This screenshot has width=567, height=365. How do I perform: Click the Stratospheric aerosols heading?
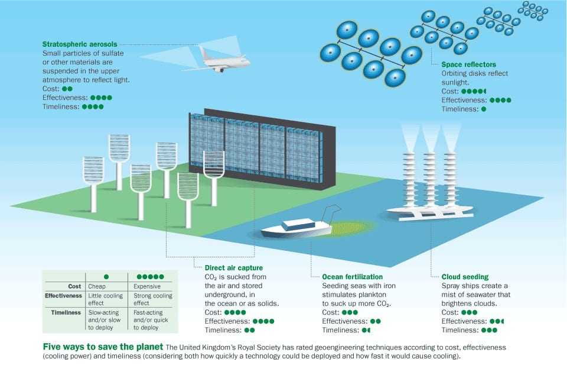click(x=80, y=44)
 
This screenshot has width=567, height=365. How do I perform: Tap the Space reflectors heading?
click(x=468, y=64)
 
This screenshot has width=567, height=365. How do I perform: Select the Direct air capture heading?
click(x=234, y=268)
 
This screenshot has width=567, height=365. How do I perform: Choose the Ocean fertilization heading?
click(x=352, y=277)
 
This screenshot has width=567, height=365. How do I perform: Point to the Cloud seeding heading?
click(x=465, y=277)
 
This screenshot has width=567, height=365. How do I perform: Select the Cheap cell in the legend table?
click(x=97, y=286)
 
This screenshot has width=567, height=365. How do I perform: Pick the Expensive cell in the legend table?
click(x=147, y=286)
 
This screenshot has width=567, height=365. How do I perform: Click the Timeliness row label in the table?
click(x=66, y=312)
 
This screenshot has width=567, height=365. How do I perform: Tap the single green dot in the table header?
click(x=106, y=277)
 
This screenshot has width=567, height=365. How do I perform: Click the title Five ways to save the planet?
click(x=103, y=347)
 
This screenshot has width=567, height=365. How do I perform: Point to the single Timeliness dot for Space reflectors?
click(x=484, y=109)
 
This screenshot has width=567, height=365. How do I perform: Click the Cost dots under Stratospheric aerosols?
click(x=67, y=89)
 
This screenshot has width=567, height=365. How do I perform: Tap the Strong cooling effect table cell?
click(x=152, y=299)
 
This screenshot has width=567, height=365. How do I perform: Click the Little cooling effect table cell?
click(x=106, y=299)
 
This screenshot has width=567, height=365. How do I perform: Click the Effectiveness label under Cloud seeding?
click(x=464, y=321)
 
